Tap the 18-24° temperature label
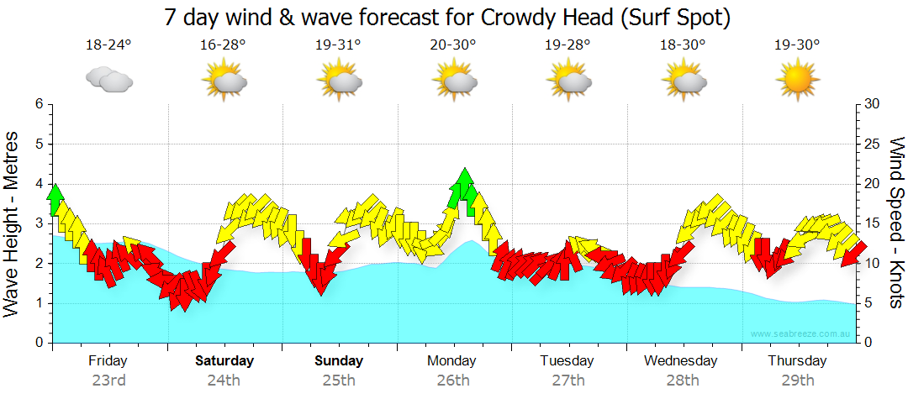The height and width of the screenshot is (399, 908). pyautogui.click(x=108, y=45)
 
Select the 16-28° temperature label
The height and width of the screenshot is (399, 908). pyautogui.click(x=224, y=45)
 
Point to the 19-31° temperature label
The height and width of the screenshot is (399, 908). pyautogui.click(x=338, y=45)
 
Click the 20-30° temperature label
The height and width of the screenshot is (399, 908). pyautogui.click(x=453, y=45)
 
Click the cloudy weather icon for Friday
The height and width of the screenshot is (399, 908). pyautogui.click(x=109, y=80)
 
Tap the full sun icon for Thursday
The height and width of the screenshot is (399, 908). pyautogui.click(x=797, y=81)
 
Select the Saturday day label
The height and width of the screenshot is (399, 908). pyautogui.click(x=224, y=361)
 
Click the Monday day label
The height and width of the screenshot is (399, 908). pyautogui.click(x=453, y=361)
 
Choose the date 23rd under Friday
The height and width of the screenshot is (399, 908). pyautogui.click(x=108, y=380)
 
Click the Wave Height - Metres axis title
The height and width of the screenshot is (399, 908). pyautogui.click(x=13, y=223)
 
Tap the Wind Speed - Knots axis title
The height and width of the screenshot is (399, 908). pyautogui.click(x=895, y=223)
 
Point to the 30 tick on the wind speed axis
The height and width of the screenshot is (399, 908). pyautogui.click(x=873, y=104)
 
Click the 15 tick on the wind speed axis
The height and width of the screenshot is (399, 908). pyautogui.click(x=873, y=223)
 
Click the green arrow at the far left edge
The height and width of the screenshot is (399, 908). pyautogui.click(x=55, y=200)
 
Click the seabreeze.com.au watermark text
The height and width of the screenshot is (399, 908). pyautogui.click(x=802, y=334)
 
